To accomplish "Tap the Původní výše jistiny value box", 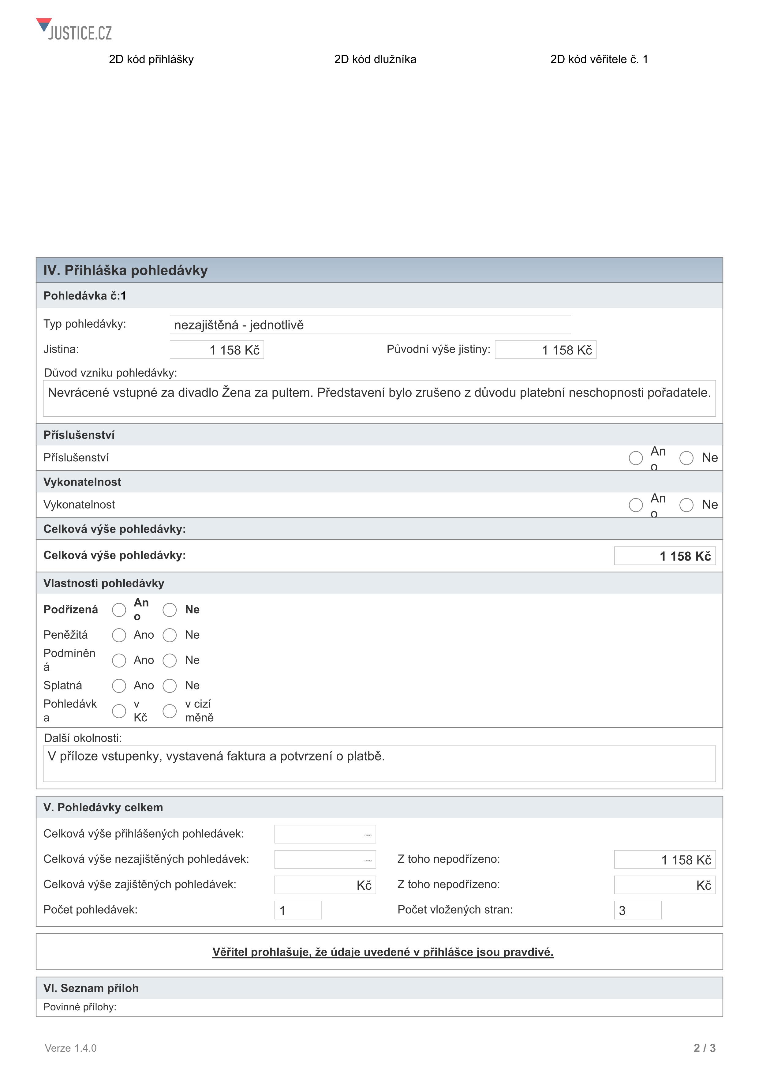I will coord(545,350).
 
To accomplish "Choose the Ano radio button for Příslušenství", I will coord(636,458).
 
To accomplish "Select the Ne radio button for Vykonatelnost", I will coord(686,505).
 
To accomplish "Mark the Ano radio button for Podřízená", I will coord(119,610).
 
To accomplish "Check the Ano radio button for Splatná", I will coord(119,686).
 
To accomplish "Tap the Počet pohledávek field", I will coord(298,910).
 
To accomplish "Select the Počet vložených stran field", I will coord(637,910).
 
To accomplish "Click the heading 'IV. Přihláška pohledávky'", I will coord(125,270).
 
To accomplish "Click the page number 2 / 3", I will coord(704,1048).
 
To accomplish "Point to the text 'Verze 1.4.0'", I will coord(71,1048).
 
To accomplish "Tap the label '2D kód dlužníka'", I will coord(375,59).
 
